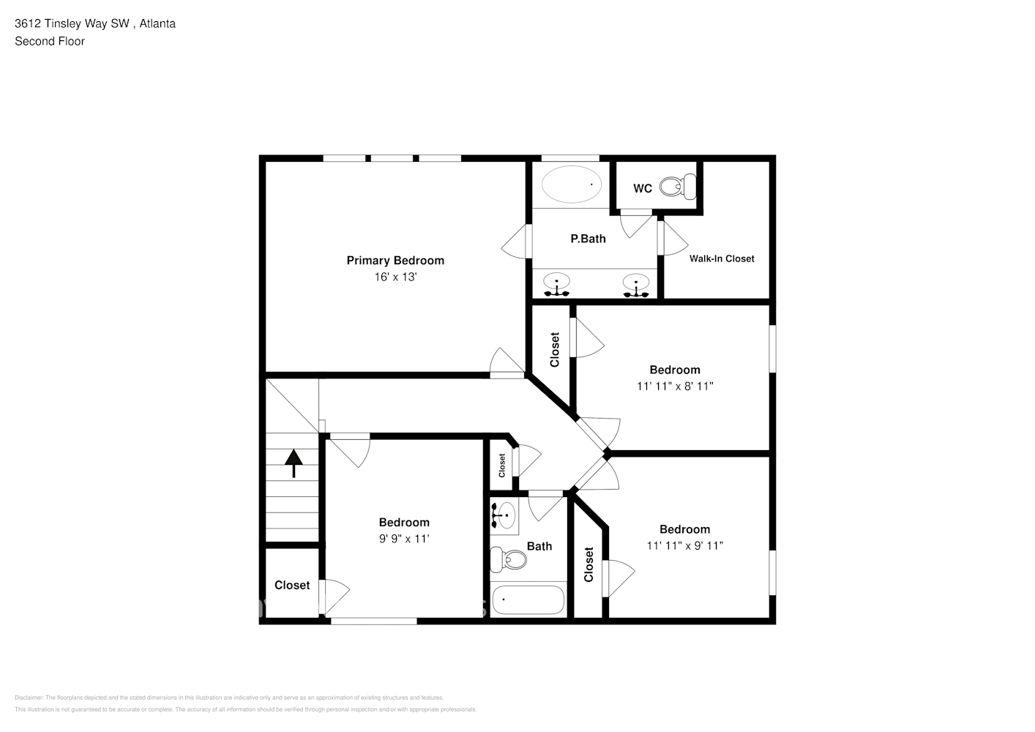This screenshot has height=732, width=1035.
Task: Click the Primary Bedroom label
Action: (x=395, y=261)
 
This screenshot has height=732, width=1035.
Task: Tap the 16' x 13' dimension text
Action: (x=395, y=277)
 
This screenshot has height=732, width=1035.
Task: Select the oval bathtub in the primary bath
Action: (x=571, y=184)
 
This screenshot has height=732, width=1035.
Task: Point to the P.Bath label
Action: (x=588, y=239)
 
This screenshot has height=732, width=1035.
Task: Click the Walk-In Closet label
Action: (x=721, y=258)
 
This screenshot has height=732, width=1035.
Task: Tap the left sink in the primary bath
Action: (x=558, y=284)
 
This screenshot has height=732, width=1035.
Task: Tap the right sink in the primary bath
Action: (x=636, y=284)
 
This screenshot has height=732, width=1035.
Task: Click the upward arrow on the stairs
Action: (x=294, y=463)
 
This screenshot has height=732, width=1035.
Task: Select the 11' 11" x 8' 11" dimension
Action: (x=675, y=386)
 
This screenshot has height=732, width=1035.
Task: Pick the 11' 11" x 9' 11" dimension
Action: (x=684, y=545)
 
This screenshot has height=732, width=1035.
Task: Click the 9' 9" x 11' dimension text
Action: (x=404, y=539)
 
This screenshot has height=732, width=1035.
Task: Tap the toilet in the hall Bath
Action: (x=509, y=560)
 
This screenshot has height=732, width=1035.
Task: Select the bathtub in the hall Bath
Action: (x=528, y=600)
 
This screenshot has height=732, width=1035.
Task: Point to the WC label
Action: (x=642, y=189)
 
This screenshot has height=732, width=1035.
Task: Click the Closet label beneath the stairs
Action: (x=292, y=585)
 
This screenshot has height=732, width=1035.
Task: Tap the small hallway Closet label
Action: (x=502, y=466)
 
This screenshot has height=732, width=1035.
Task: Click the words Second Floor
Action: (x=50, y=41)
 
